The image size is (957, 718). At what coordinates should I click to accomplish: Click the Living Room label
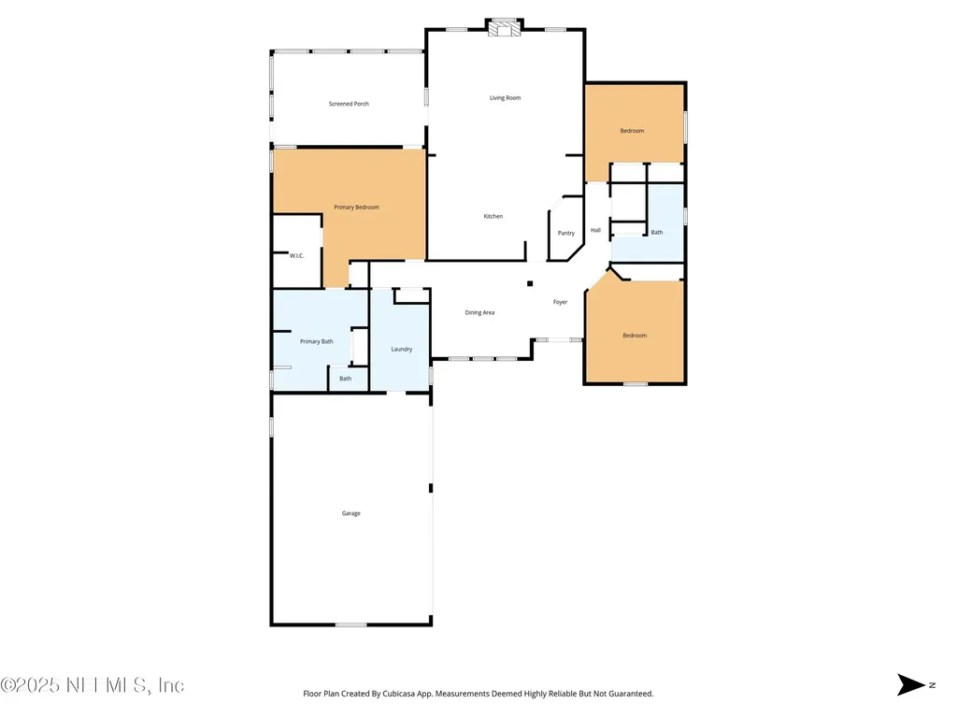[x=505, y=98]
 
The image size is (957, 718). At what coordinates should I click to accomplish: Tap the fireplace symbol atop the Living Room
[x=506, y=28]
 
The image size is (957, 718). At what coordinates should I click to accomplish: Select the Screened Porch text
[x=349, y=104]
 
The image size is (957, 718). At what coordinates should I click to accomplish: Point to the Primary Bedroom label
[x=357, y=207]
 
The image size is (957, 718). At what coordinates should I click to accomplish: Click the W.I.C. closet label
[x=297, y=255]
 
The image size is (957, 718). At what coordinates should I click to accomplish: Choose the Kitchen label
[x=493, y=216]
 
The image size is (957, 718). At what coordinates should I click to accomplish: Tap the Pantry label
[x=566, y=233]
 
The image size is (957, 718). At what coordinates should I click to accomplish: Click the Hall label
[x=595, y=230]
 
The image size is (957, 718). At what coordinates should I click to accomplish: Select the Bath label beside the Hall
[x=657, y=232]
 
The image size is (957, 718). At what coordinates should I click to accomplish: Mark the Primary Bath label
[x=316, y=341]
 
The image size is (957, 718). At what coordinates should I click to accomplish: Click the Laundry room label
[x=402, y=349]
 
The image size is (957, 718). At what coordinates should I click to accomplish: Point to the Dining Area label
[x=479, y=312]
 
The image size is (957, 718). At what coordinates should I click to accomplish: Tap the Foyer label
[x=560, y=302]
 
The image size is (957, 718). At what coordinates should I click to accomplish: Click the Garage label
[x=350, y=513]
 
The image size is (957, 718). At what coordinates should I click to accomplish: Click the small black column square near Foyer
[x=530, y=283]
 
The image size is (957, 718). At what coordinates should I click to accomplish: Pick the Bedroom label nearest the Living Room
[x=632, y=131]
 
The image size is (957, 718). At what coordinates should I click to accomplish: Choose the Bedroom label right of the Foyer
[x=635, y=336]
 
